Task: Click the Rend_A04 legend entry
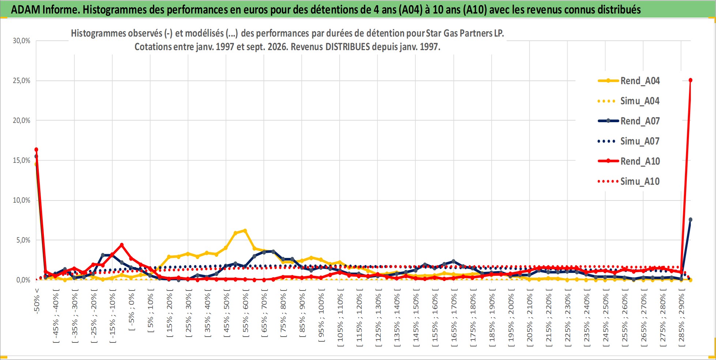[629, 81]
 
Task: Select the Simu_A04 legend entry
[629, 101]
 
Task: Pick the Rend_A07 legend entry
[629, 121]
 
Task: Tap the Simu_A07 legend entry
[629, 141]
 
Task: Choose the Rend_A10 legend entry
[629, 161]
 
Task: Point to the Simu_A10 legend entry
[629, 181]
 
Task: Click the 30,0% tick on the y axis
[22, 41]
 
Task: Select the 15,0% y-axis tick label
[22, 160]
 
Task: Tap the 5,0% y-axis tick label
[23, 240]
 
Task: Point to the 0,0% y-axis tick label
[23, 280]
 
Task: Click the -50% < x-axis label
[37, 301]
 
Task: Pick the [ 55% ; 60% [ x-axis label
[245, 313]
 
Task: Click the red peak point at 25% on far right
[690, 80]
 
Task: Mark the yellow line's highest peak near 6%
[245, 230]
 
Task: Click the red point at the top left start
[36, 149]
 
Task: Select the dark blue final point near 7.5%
[690, 220]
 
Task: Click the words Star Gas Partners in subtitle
[459, 33]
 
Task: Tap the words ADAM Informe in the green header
[45, 10]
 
